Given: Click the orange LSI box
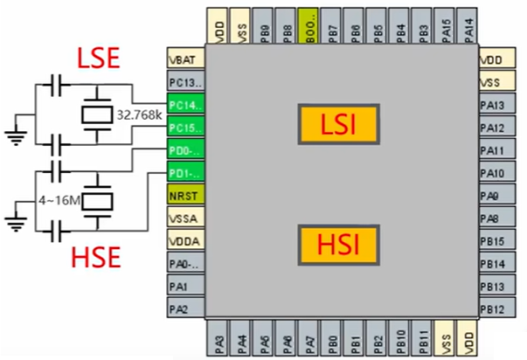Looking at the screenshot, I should [x=339, y=123].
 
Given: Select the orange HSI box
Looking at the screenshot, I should [x=339, y=244].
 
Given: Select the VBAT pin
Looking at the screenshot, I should [x=184, y=62].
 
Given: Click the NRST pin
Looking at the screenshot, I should [x=184, y=195].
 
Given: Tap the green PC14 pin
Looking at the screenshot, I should [x=184, y=106].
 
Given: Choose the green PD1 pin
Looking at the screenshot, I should [x=184, y=172].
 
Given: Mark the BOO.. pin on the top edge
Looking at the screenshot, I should [x=309, y=27].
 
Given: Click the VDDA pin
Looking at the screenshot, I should [x=184, y=239].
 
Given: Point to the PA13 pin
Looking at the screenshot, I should [x=493, y=106].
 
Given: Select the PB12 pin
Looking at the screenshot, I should [x=493, y=308].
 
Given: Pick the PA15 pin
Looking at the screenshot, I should [x=445, y=27].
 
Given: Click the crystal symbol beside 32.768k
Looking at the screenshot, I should [x=93, y=114].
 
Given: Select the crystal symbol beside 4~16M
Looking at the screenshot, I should [x=93, y=201].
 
